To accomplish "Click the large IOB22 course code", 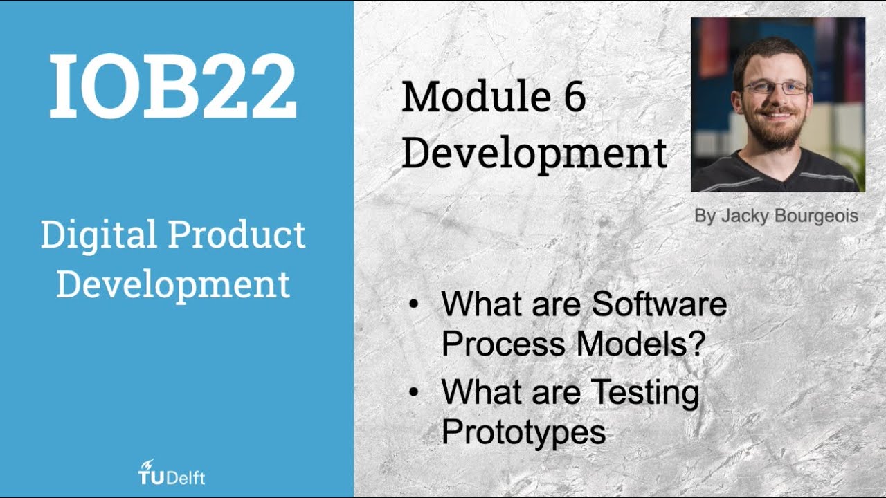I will pyautogui.click(x=173, y=86).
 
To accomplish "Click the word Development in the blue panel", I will pyautogui.click(x=173, y=284).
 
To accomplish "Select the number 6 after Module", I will pyautogui.click(x=572, y=97).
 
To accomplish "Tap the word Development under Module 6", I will pyautogui.click(x=534, y=154).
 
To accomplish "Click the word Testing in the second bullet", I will pyautogui.click(x=644, y=393).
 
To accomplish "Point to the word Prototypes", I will pyautogui.click(x=523, y=432).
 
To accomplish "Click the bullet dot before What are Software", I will pyautogui.click(x=414, y=305).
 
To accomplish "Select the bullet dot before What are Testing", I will pyautogui.click(x=414, y=393).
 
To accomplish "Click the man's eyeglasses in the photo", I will pyautogui.click(x=775, y=89).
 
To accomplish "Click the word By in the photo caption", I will pyautogui.click(x=705, y=216).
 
